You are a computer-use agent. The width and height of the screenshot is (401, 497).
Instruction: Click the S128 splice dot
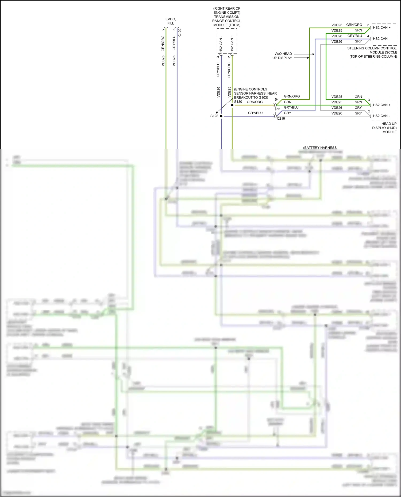[x=221, y=116]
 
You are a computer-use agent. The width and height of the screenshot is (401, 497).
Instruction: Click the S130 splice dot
[x=232, y=105]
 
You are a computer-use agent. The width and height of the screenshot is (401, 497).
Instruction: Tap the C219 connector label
[x=281, y=119]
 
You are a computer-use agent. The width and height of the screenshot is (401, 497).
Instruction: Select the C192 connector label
[x=180, y=33]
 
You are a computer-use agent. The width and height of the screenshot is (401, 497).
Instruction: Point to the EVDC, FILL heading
[x=171, y=21]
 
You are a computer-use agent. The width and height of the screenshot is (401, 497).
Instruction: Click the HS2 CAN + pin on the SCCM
[x=381, y=28]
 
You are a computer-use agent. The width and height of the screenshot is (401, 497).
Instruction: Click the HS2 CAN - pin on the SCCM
[x=381, y=39]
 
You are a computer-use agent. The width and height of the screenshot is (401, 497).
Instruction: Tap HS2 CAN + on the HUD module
[x=381, y=105]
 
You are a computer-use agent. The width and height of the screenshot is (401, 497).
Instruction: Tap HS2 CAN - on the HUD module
[x=381, y=116]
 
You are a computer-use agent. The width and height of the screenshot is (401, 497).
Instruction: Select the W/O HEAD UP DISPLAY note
[x=283, y=56]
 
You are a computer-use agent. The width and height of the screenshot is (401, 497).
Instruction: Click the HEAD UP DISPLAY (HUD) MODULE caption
[x=385, y=128]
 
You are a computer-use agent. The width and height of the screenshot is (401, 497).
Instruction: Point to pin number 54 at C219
[x=277, y=100]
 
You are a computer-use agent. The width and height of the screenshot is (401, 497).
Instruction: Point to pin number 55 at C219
[x=278, y=109]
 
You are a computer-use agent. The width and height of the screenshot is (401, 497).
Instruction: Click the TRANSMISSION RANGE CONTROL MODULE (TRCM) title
[x=227, y=17]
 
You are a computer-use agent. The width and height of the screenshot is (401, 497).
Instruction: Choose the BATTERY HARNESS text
[x=320, y=148]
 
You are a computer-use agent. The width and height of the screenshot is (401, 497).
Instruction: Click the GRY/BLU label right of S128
[x=255, y=113]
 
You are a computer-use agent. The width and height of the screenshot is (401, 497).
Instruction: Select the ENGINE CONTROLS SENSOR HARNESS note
[x=255, y=93]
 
